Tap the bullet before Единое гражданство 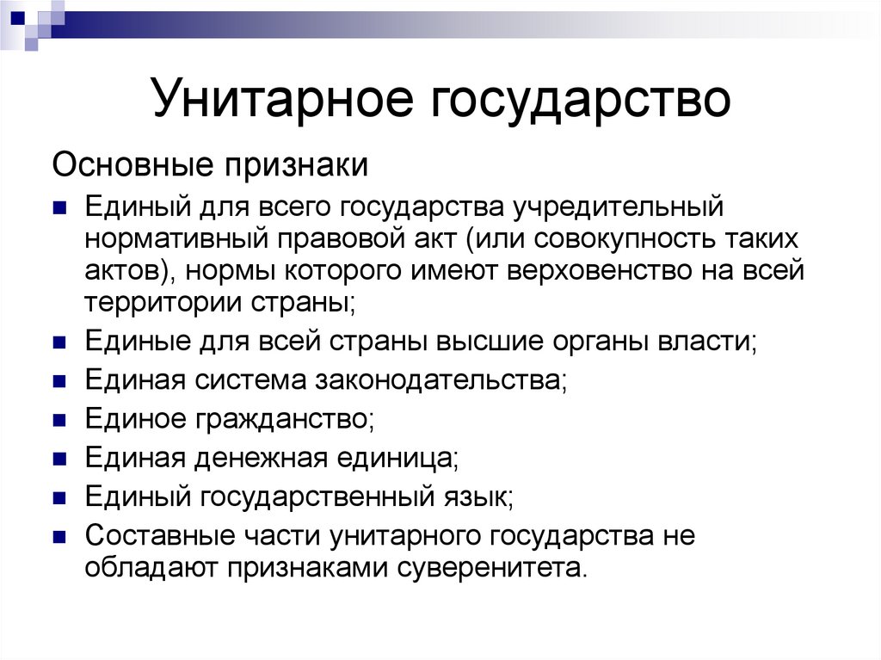pos(59,420)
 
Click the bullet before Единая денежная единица pos(59,459)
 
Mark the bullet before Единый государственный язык pos(59,497)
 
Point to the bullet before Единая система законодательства pos(59,380)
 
